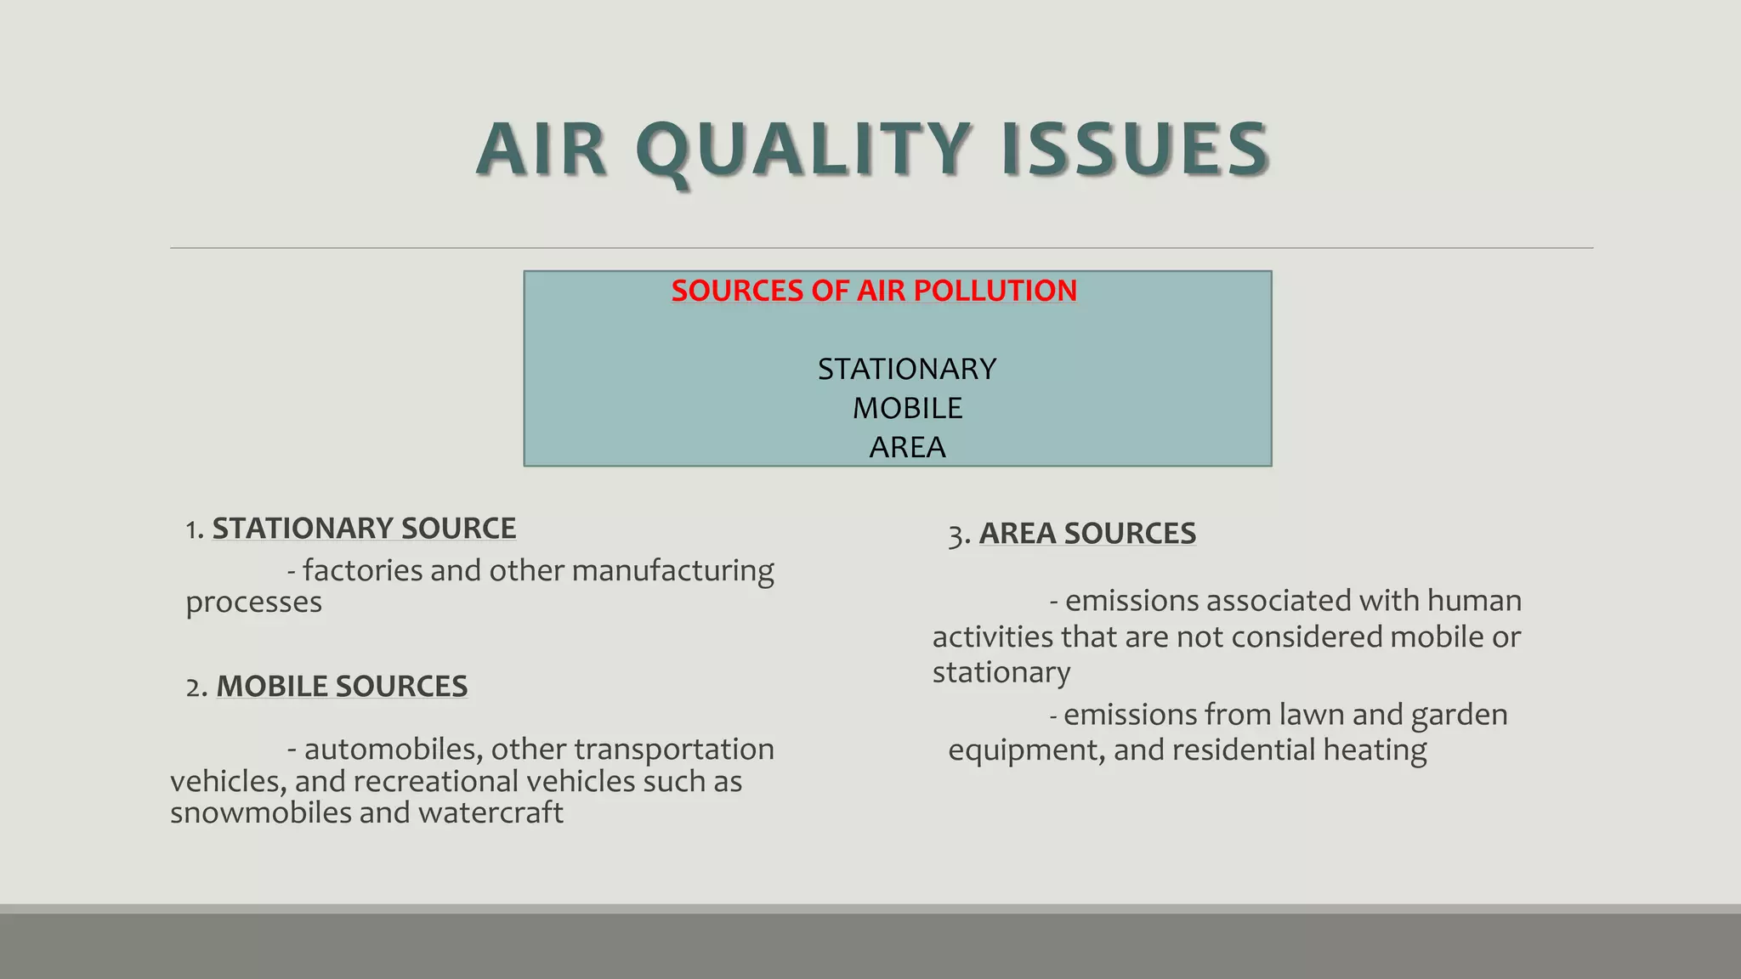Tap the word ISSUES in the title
(1136, 150)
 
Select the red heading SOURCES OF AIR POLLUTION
(874, 291)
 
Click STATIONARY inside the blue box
(906, 369)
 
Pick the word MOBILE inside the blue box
(907, 408)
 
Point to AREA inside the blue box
(907, 447)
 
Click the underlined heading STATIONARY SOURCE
(364, 529)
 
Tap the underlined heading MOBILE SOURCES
(342, 687)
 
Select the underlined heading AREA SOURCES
(1087, 534)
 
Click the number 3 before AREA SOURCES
(956, 535)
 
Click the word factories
(363, 570)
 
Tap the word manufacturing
(672, 571)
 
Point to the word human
(1474, 601)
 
